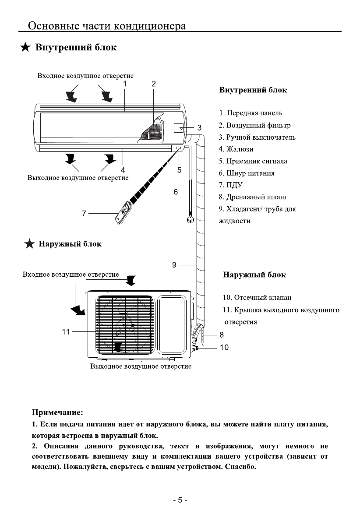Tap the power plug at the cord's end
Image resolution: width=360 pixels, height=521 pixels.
point(191,219)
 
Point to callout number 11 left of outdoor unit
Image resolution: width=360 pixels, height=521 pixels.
point(66,332)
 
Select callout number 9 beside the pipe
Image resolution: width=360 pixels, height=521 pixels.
point(174,264)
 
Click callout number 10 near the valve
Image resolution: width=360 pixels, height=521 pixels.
point(224,348)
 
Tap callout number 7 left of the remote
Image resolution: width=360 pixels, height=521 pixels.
point(84,213)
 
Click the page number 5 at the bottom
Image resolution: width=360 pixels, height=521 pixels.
point(180,500)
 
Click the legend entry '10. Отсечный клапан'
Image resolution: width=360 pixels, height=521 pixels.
point(257,298)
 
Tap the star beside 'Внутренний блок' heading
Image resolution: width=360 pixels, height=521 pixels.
point(26,47)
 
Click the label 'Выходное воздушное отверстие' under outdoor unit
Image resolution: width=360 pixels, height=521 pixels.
point(141,366)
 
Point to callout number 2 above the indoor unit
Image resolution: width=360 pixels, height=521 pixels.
point(154,84)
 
